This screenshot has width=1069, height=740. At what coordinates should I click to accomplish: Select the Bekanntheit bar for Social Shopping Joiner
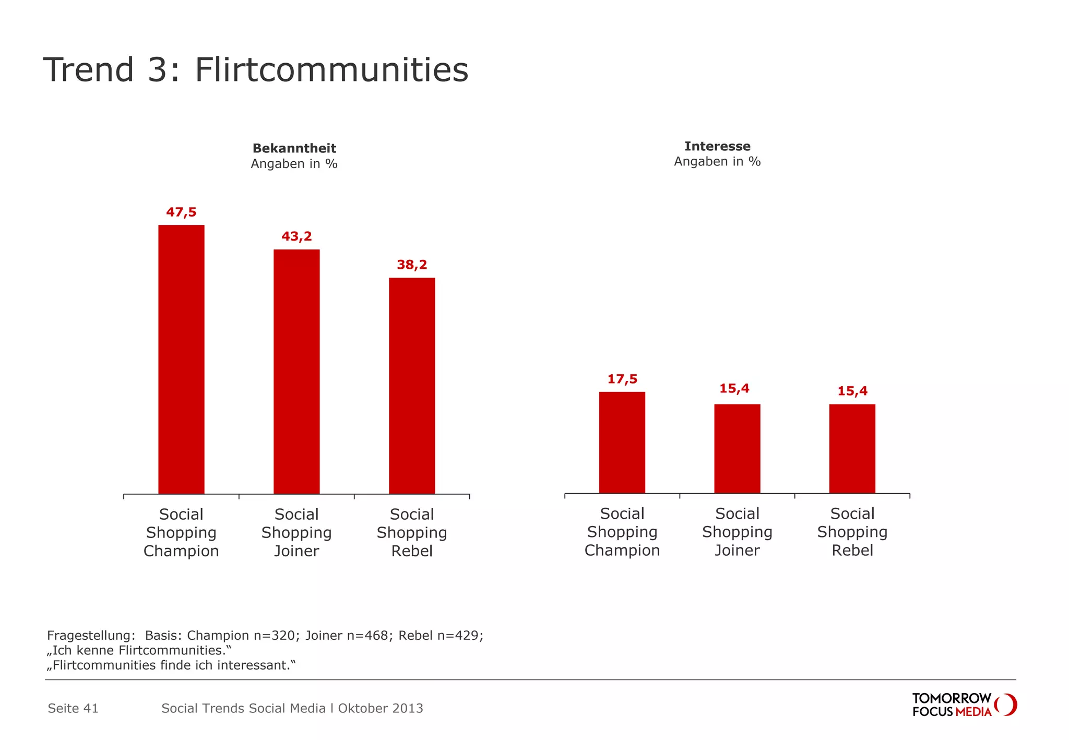tap(296, 372)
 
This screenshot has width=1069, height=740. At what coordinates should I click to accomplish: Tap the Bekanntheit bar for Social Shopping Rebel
tap(412, 386)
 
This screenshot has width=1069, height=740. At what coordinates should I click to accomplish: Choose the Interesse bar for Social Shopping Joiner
tap(737, 449)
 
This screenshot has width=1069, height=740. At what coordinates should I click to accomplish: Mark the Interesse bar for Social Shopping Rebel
tap(852, 449)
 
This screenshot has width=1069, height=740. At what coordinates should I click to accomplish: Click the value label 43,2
tap(296, 236)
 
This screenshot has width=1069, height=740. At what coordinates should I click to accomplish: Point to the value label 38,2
tap(412, 265)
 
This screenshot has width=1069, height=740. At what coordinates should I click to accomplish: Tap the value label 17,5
tap(622, 379)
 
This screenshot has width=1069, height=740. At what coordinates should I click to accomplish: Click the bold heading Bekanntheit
tap(294, 148)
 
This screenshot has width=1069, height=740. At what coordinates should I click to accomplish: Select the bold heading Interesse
tap(717, 146)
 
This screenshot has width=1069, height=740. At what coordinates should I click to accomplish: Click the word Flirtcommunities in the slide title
tap(331, 70)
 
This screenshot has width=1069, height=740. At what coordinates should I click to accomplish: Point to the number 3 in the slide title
tap(157, 70)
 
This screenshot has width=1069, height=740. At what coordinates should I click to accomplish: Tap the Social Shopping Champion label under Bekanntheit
tap(181, 532)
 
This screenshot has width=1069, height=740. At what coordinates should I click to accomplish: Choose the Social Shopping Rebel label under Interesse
tap(852, 532)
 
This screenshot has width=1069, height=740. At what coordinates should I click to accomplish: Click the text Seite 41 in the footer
tap(73, 708)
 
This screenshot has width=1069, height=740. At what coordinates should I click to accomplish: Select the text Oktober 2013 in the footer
tap(381, 708)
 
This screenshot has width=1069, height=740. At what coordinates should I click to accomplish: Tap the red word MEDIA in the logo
tap(973, 712)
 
